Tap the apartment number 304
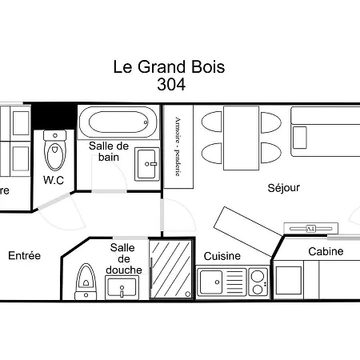(x=171, y=85)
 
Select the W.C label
(x=54, y=180)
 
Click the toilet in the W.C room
(x=54, y=151)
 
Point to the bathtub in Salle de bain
(x=118, y=123)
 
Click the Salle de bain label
(x=109, y=151)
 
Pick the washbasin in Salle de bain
(x=146, y=163)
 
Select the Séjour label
(x=283, y=188)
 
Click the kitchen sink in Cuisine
(x=211, y=282)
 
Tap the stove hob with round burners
(x=258, y=282)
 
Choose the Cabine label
(x=326, y=251)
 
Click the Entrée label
(x=24, y=256)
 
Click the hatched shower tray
(x=171, y=270)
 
